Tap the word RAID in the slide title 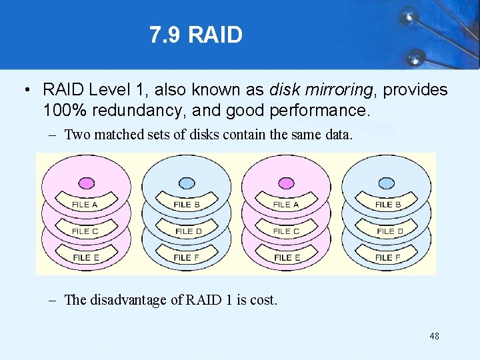215,35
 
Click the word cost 263,300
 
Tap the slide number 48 434,337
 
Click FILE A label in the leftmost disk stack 85,205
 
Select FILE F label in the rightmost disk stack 388,257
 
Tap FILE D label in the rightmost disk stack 390,231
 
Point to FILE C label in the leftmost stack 85,231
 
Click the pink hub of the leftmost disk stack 86,183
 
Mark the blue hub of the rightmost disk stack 387,183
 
